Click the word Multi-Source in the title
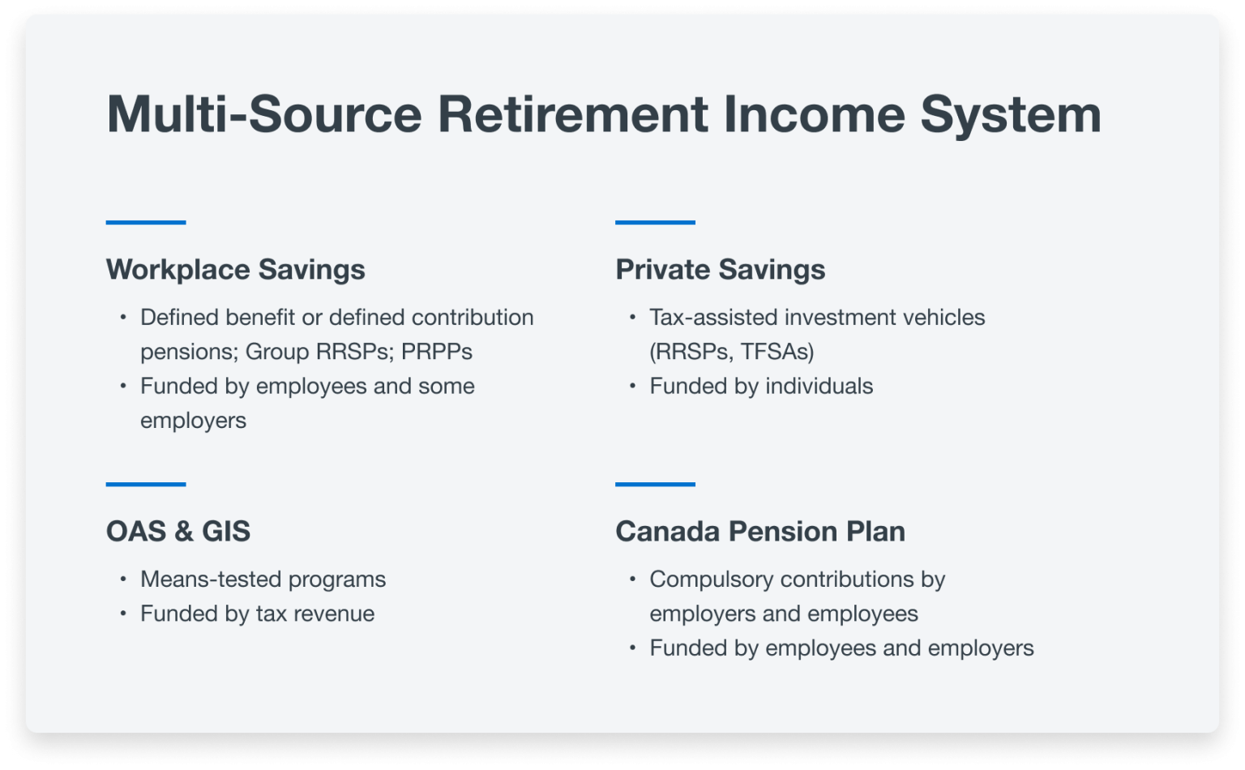(264, 114)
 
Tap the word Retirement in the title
(573, 114)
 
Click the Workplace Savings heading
(235, 270)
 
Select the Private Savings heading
(720, 270)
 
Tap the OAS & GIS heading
(178, 532)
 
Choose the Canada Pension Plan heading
(759, 532)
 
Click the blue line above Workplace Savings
(146, 222)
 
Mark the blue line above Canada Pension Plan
(655, 484)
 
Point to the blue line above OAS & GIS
(146, 484)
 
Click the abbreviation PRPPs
(436, 352)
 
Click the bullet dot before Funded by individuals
(633, 386)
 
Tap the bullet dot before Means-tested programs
(123, 579)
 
